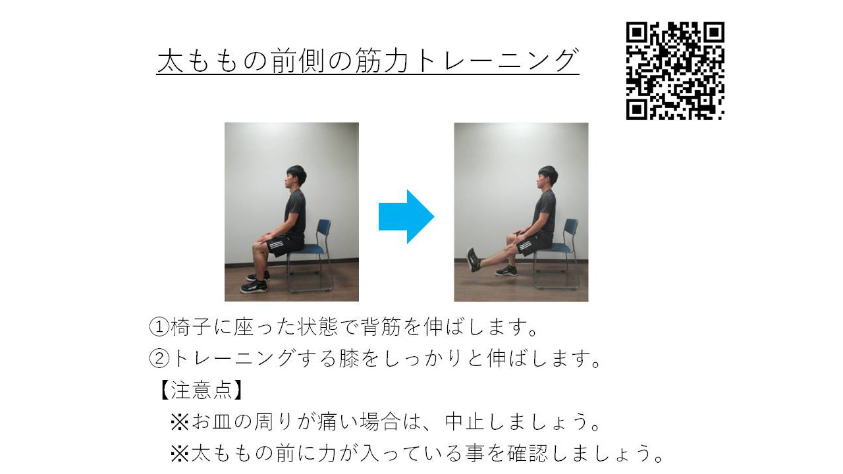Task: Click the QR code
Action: [x=675, y=71]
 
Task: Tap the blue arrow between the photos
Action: [x=406, y=217]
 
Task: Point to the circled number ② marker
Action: [x=159, y=358]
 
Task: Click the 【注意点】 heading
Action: [x=201, y=390]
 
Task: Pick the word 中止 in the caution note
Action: [x=466, y=421]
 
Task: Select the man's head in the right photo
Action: [x=546, y=177]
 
